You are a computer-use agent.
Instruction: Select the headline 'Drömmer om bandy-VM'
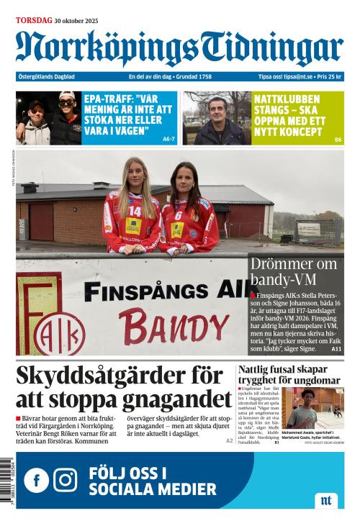pos(294,273)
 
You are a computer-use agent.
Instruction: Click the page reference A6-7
pos(168,139)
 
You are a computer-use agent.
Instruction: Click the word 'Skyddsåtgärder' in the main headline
pos(111,376)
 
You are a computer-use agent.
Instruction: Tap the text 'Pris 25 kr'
pos(330,76)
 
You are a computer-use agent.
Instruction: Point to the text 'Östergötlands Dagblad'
pos(46,76)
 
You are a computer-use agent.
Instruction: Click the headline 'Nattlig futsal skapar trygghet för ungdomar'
pos(289,375)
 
